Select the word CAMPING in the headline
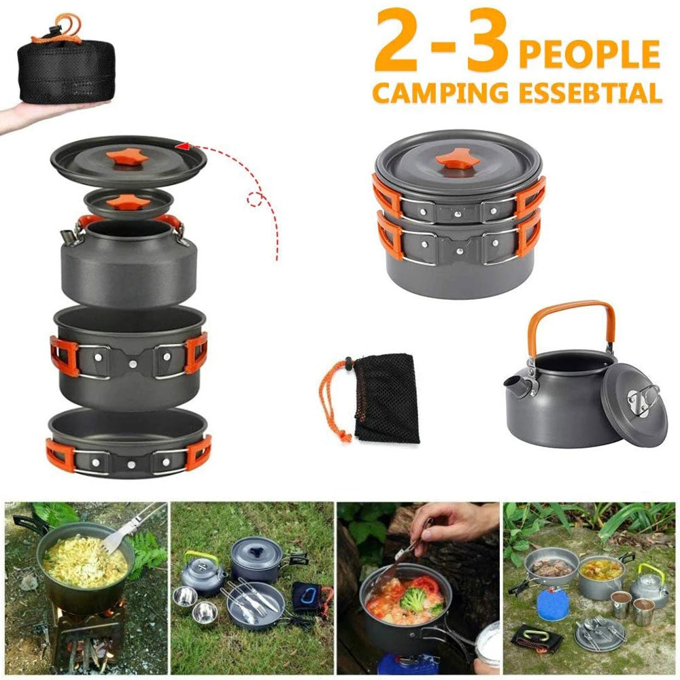coord(441,92)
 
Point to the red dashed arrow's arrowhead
coord(182,145)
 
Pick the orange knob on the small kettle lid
coord(126,201)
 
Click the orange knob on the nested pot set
coord(457,160)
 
